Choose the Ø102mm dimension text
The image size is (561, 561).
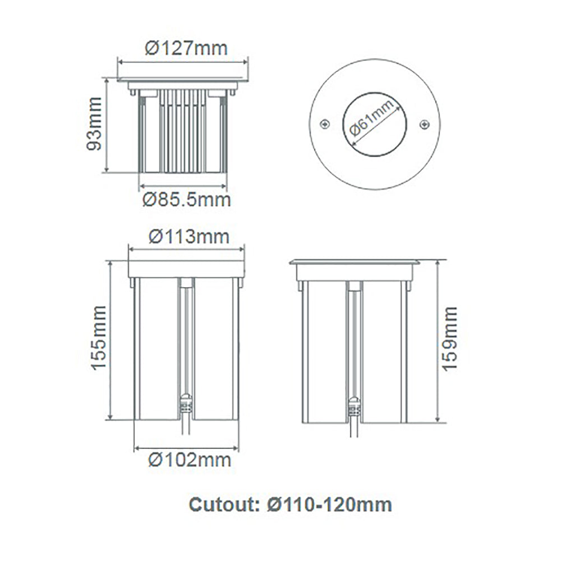click(x=189, y=460)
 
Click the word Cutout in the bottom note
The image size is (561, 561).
click(x=222, y=504)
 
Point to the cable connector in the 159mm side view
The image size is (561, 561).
click(x=353, y=405)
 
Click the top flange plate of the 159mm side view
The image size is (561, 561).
click(x=355, y=262)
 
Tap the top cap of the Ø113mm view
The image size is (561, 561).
click(x=186, y=269)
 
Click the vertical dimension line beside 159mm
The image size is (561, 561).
click(x=437, y=341)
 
